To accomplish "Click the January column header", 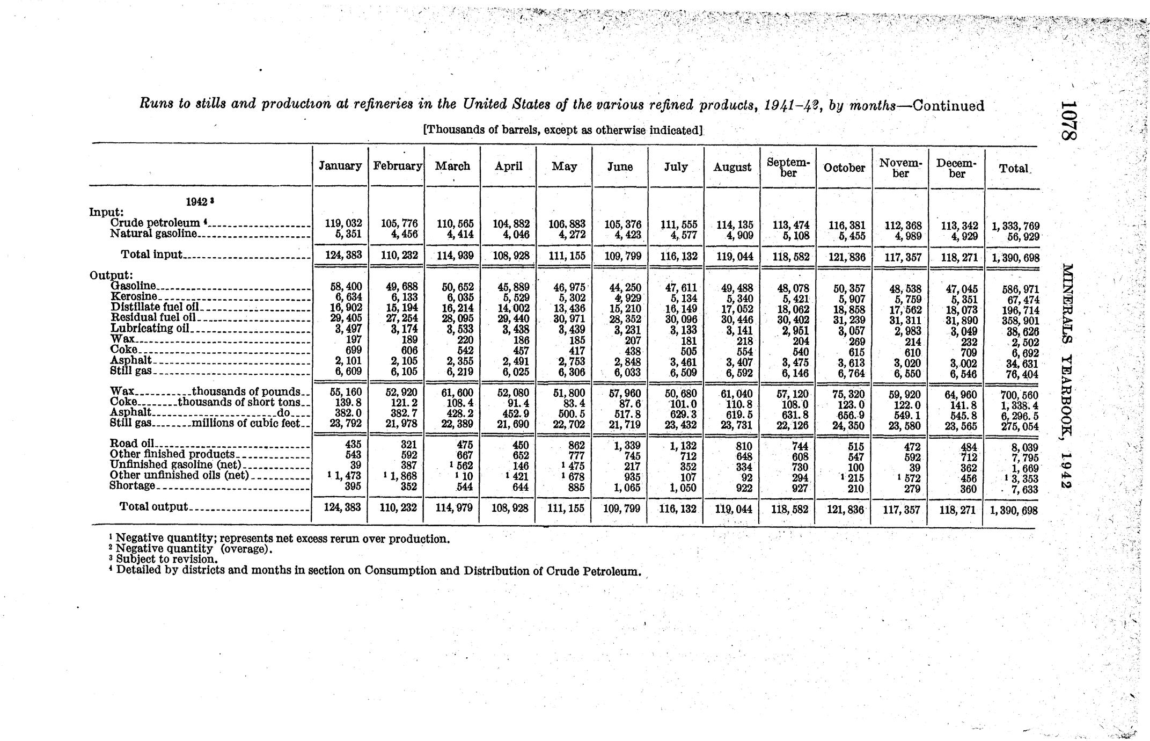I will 340,166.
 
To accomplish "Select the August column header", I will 732,167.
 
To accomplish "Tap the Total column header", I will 1013,168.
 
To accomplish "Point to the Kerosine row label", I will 134,296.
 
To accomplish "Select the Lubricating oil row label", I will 150,328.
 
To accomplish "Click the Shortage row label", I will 132,485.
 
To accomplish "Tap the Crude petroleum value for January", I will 347,223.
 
